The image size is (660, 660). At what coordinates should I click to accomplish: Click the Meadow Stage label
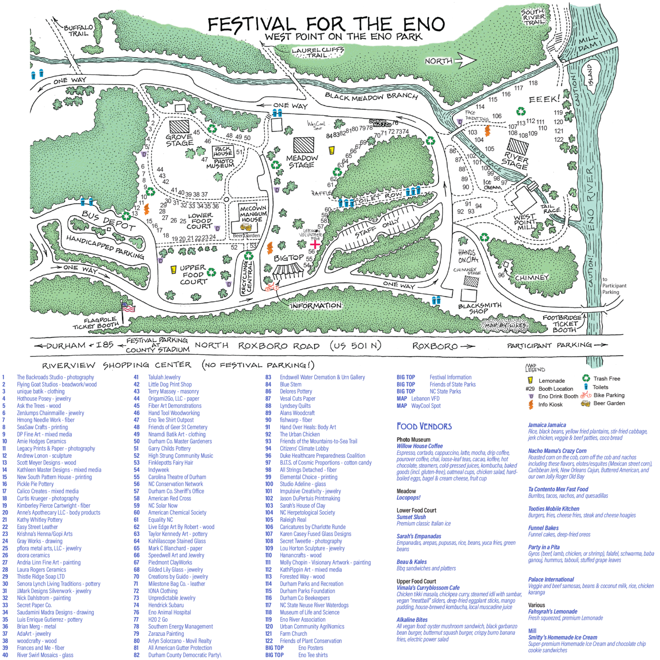click(302, 161)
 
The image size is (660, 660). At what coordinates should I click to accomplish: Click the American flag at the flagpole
click(128, 307)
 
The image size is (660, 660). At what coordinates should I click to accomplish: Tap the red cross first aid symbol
click(315, 243)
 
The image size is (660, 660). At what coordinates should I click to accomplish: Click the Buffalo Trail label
click(78, 30)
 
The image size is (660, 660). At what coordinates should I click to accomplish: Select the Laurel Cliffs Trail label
click(318, 52)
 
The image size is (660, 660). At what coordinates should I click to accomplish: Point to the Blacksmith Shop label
click(480, 308)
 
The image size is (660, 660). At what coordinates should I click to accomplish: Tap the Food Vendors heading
click(424, 426)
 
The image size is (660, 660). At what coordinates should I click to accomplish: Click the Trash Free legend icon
click(586, 378)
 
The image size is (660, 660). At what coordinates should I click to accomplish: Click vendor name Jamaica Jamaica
click(547, 425)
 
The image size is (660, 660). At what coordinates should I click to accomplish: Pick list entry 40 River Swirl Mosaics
click(45, 655)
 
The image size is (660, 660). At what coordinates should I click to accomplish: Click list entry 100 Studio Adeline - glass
click(303, 484)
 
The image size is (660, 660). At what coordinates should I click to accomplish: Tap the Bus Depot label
click(109, 220)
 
